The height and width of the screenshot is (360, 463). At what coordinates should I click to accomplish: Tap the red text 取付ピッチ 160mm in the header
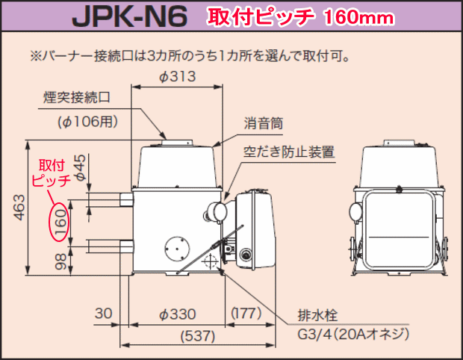pos(283,17)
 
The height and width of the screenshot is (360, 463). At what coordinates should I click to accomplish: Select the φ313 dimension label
pos(177,77)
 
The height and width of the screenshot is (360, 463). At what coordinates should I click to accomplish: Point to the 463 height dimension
pos(19,207)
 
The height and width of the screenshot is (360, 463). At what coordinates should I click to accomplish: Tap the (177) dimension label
pos(244,312)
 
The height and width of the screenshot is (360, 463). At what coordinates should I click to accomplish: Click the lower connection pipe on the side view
pos(110,244)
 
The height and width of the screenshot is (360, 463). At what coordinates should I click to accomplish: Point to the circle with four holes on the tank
pos(176,247)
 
